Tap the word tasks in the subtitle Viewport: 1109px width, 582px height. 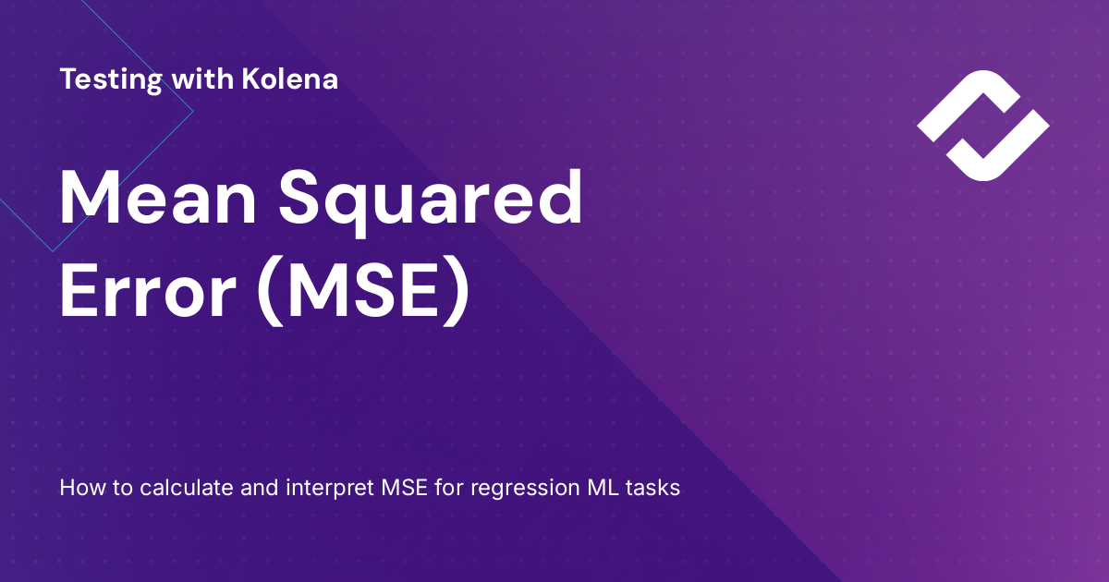(x=654, y=488)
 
